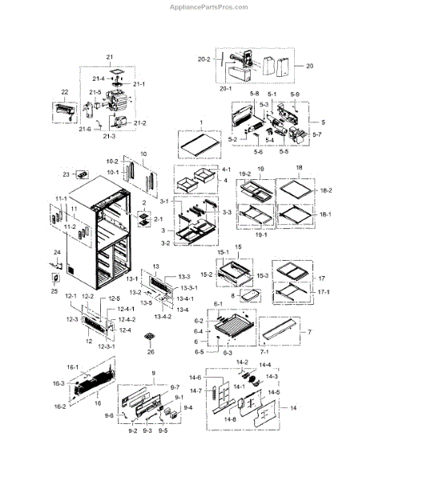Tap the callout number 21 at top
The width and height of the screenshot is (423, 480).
click(110, 58)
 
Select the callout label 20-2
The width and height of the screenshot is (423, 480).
click(203, 59)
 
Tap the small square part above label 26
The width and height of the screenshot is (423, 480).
click(147, 338)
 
